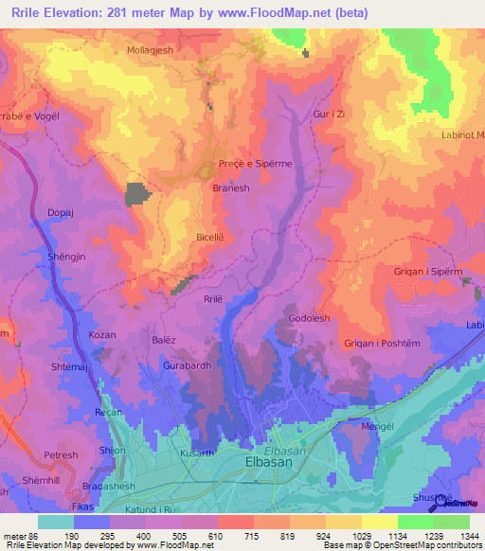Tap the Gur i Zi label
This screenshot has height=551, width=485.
(327, 114)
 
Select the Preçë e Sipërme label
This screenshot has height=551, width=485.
(255, 164)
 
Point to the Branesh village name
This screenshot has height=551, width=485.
(230, 188)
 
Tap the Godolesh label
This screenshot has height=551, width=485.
(309, 319)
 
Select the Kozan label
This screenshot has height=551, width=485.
(101, 335)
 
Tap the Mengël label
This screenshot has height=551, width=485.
(380, 426)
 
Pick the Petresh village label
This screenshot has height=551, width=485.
(62, 455)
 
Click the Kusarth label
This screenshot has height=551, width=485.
(197, 454)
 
